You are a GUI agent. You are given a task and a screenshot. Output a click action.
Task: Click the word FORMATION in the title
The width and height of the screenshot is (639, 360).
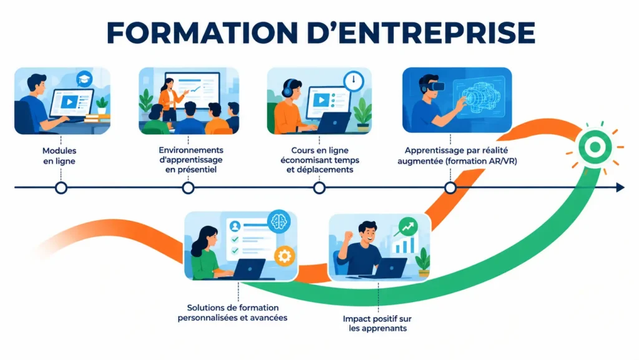(202, 32)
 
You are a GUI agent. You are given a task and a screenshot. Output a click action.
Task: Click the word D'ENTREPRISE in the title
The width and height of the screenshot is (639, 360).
(421, 32)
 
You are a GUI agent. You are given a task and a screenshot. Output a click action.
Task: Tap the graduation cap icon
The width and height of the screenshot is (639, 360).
(84, 79)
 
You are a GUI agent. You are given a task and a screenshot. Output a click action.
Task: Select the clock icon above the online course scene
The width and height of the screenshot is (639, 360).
(353, 81)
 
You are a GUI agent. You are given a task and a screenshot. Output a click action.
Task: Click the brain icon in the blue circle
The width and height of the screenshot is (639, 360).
(279, 222)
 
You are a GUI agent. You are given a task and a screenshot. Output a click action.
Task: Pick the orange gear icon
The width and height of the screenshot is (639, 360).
(285, 256)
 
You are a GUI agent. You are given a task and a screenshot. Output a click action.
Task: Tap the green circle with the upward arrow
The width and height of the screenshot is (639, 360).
(408, 227)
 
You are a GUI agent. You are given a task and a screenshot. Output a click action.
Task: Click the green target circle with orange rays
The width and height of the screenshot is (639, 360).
(595, 147)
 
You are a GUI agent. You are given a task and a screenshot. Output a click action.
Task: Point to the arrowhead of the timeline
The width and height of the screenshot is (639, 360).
(620, 187)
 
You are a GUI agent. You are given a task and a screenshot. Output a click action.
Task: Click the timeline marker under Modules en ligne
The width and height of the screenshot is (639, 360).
(61, 188)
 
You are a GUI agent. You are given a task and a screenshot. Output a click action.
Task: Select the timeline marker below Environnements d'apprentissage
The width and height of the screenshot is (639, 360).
(188, 188)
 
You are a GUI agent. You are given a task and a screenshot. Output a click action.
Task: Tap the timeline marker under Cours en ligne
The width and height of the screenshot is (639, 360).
(319, 188)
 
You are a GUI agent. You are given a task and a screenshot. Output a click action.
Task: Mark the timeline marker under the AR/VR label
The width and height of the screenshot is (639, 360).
(451, 188)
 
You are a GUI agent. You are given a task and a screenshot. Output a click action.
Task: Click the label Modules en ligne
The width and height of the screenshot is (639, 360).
(59, 155)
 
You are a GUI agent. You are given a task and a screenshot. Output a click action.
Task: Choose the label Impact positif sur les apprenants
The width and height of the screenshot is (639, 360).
(378, 323)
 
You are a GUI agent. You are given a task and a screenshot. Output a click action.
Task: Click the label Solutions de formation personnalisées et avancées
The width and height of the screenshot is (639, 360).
(232, 313)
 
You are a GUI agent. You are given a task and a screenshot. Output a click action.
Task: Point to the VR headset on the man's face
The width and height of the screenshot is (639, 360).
(434, 86)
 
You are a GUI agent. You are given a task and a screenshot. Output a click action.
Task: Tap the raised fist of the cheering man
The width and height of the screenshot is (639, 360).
(348, 236)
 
